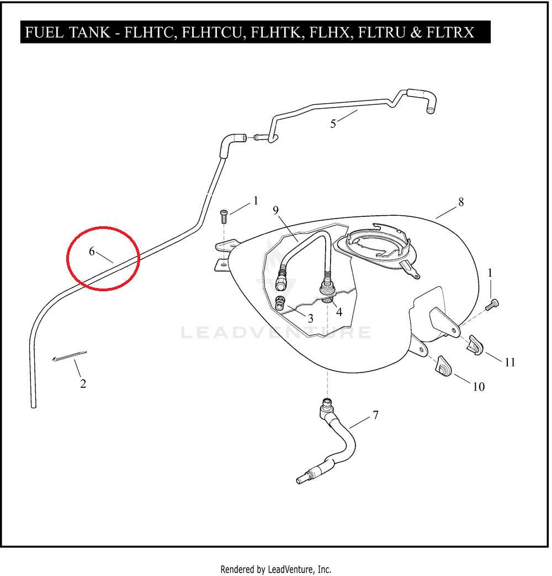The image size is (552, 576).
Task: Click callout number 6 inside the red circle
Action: (x=92, y=252)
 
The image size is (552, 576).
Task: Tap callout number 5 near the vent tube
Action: (x=333, y=124)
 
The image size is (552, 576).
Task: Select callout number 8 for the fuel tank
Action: (x=461, y=202)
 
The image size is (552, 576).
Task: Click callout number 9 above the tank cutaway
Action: (x=275, y=211)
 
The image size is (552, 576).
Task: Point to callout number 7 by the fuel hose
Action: (x=375, y=415)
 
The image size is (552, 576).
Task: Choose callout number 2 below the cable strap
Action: (x=83, y=384)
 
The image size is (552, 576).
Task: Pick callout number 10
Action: (x=479, y=387)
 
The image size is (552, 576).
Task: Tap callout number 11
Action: (x=509, y=362)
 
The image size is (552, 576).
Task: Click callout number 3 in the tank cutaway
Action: (x=311, y=318)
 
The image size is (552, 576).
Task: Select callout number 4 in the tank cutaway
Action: (x=339, y=312)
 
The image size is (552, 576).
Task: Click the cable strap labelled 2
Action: (x=70, y=356)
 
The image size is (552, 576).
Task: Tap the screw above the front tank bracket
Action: (x=224, y=216)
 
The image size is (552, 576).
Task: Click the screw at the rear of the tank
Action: (x=492, y=305)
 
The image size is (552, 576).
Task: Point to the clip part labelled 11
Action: (x=475, y=346)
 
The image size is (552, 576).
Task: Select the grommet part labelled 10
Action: (x=444, y=366)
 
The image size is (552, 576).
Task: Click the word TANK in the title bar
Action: (x=89, y=33)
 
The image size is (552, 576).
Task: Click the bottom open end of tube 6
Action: (x=34, y=406)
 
